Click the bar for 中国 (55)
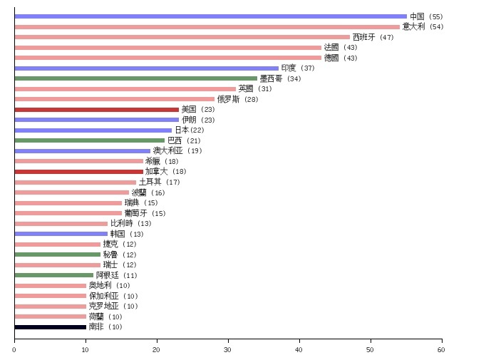click(x=210, y=16)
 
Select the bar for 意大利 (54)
click(x=207, y=27)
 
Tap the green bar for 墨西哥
click(x=135, y=78)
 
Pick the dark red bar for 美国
click(x=96, y=110)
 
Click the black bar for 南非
click(x=50, y=327)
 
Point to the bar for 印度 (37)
click(x=146, y=68)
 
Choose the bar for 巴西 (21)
click(x=89, y=140)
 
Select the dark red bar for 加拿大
click(x=78, y=172)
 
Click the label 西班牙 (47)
click(x=373, y=37)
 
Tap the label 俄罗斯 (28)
click(x=237, y=99)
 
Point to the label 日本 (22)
click(x=190, y=130)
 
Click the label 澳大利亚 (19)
click(x=177, y=151)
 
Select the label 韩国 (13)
click(x=127, y=234)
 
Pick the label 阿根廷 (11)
click(x=116, y=275)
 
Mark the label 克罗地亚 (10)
click(x=113, y=307)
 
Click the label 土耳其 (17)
click(x=159, y=182)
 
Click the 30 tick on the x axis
click(x=228, y=339)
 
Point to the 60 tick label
click(x=441, y=349)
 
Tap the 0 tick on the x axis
click(x=14, y=339)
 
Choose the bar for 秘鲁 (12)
click(x=57, y=254)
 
